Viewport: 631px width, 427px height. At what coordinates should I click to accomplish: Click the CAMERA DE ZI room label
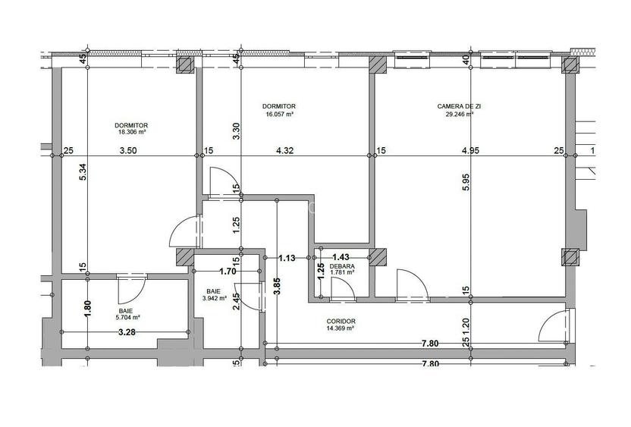[459, 107]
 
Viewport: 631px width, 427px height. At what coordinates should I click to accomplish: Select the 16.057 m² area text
[279, 115]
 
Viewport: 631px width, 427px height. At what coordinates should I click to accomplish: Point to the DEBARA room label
[341, 266]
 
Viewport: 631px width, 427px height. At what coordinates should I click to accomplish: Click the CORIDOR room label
[341, 321]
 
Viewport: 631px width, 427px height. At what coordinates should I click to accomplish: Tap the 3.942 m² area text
[218, 298]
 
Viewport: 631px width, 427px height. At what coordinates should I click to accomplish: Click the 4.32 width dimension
[285, 150]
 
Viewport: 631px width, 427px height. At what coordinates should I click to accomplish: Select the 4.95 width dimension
[469, 150]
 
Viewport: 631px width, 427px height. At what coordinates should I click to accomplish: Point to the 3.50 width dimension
[128, 150]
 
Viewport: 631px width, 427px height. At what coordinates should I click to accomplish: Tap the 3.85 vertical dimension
[277, 287]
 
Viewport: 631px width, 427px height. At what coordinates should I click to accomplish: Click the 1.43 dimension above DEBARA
[341, 257]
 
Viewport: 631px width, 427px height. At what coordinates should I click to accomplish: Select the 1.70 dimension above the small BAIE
[226, 271]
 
